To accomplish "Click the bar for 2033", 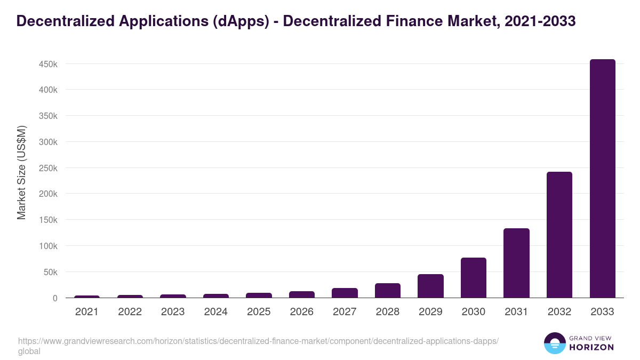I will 602,179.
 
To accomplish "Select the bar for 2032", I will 559,235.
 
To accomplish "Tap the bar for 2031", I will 516,263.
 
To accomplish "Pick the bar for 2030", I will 474,278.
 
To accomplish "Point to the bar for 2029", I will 430,286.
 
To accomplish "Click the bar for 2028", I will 388,291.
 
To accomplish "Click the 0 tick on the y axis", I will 54,298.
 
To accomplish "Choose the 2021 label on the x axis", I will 87,312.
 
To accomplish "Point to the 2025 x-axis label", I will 259,312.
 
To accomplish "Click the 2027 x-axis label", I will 345,312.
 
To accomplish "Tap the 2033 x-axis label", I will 602,312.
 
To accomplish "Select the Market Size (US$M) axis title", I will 21,172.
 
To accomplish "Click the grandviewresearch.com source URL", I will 258,341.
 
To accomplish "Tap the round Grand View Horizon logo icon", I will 555,343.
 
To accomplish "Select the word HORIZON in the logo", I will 591,347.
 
